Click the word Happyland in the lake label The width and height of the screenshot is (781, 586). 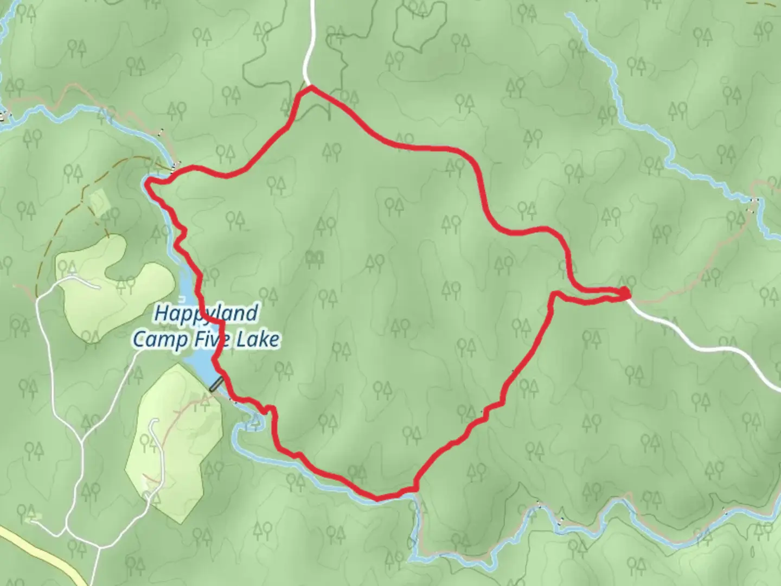[206, 313]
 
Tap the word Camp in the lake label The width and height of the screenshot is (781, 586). [157, 340]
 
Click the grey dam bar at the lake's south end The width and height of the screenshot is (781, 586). [216, 384]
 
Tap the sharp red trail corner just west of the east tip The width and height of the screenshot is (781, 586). [554, 295]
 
